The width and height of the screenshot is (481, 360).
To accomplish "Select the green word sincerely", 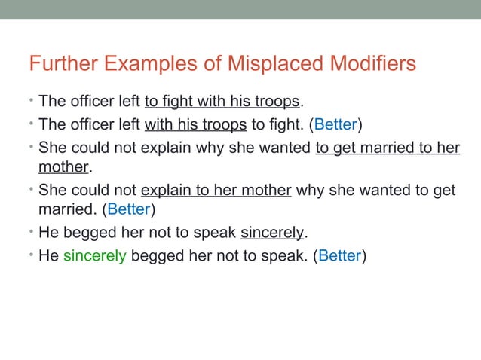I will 94,255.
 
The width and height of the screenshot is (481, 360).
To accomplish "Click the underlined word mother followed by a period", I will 63,166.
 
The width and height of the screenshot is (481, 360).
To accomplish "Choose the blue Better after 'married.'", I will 133,208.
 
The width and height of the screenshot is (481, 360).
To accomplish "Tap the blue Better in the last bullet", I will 339,255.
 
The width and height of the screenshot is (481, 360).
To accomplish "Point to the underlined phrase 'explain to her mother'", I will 216,188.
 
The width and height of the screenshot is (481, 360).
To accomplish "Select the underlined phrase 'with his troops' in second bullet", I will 195,124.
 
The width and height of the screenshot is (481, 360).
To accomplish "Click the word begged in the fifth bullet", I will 86,230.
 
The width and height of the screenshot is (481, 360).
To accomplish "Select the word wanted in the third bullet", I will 283,146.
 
